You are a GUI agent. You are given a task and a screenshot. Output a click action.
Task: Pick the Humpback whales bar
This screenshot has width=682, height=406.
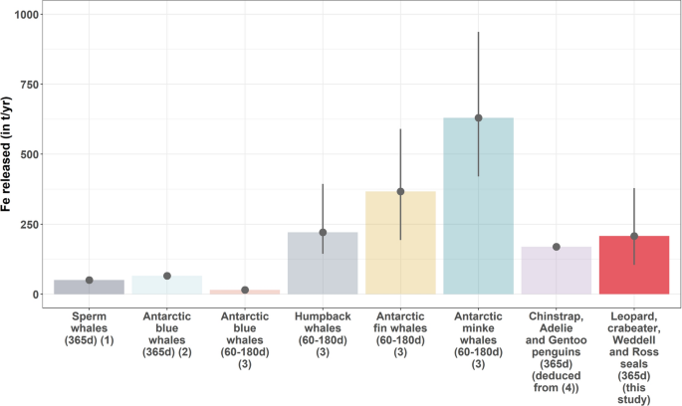323,263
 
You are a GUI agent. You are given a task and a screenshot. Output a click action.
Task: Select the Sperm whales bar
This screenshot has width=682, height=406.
89,287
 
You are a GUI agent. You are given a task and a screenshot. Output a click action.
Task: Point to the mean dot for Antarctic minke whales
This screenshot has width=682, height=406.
478,118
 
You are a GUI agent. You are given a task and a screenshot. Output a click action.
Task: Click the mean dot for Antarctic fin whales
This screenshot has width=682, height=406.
400,191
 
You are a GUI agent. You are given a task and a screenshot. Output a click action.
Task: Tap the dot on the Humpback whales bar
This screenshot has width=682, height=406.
323,232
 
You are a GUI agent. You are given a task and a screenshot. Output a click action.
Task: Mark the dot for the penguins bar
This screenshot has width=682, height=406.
557,247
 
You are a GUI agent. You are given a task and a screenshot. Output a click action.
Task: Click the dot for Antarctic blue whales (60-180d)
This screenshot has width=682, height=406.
245,291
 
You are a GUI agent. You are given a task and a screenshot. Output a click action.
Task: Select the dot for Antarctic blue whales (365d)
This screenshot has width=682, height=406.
167,276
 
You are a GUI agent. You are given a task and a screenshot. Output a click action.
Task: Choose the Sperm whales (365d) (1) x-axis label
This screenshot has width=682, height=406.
89,330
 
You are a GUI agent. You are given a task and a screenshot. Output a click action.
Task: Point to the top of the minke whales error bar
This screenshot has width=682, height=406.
478,33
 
